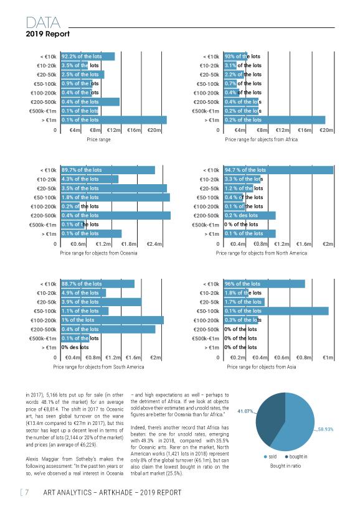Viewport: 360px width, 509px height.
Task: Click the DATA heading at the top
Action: (43, 23)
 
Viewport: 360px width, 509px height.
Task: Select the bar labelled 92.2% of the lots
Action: (88, 57)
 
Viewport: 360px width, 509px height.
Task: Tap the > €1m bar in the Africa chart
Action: (274, 120)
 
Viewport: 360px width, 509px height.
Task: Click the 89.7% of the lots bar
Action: (108, 170)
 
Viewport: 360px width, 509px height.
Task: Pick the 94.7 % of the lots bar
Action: (278, 170)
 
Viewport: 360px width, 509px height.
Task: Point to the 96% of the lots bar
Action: (264, 284)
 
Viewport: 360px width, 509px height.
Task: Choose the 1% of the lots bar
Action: (112, 320)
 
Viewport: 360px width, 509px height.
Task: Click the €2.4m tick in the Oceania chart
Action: (154, 244)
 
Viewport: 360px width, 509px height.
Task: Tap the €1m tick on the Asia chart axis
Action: (328, 358)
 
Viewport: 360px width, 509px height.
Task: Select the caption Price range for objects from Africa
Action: (261, 139)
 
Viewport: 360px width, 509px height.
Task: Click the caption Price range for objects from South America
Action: (98, 367)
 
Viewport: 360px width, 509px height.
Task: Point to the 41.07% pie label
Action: (245, 411)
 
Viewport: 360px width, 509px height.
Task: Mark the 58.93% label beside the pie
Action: (325, 429)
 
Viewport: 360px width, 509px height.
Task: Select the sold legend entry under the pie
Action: (270, 457)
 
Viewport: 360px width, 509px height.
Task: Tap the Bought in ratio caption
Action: (285, 466)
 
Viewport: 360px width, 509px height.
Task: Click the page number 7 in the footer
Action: (27, 492)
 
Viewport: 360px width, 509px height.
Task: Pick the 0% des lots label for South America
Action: (75, 347)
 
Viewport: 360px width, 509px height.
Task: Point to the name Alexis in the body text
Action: (32, 459)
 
